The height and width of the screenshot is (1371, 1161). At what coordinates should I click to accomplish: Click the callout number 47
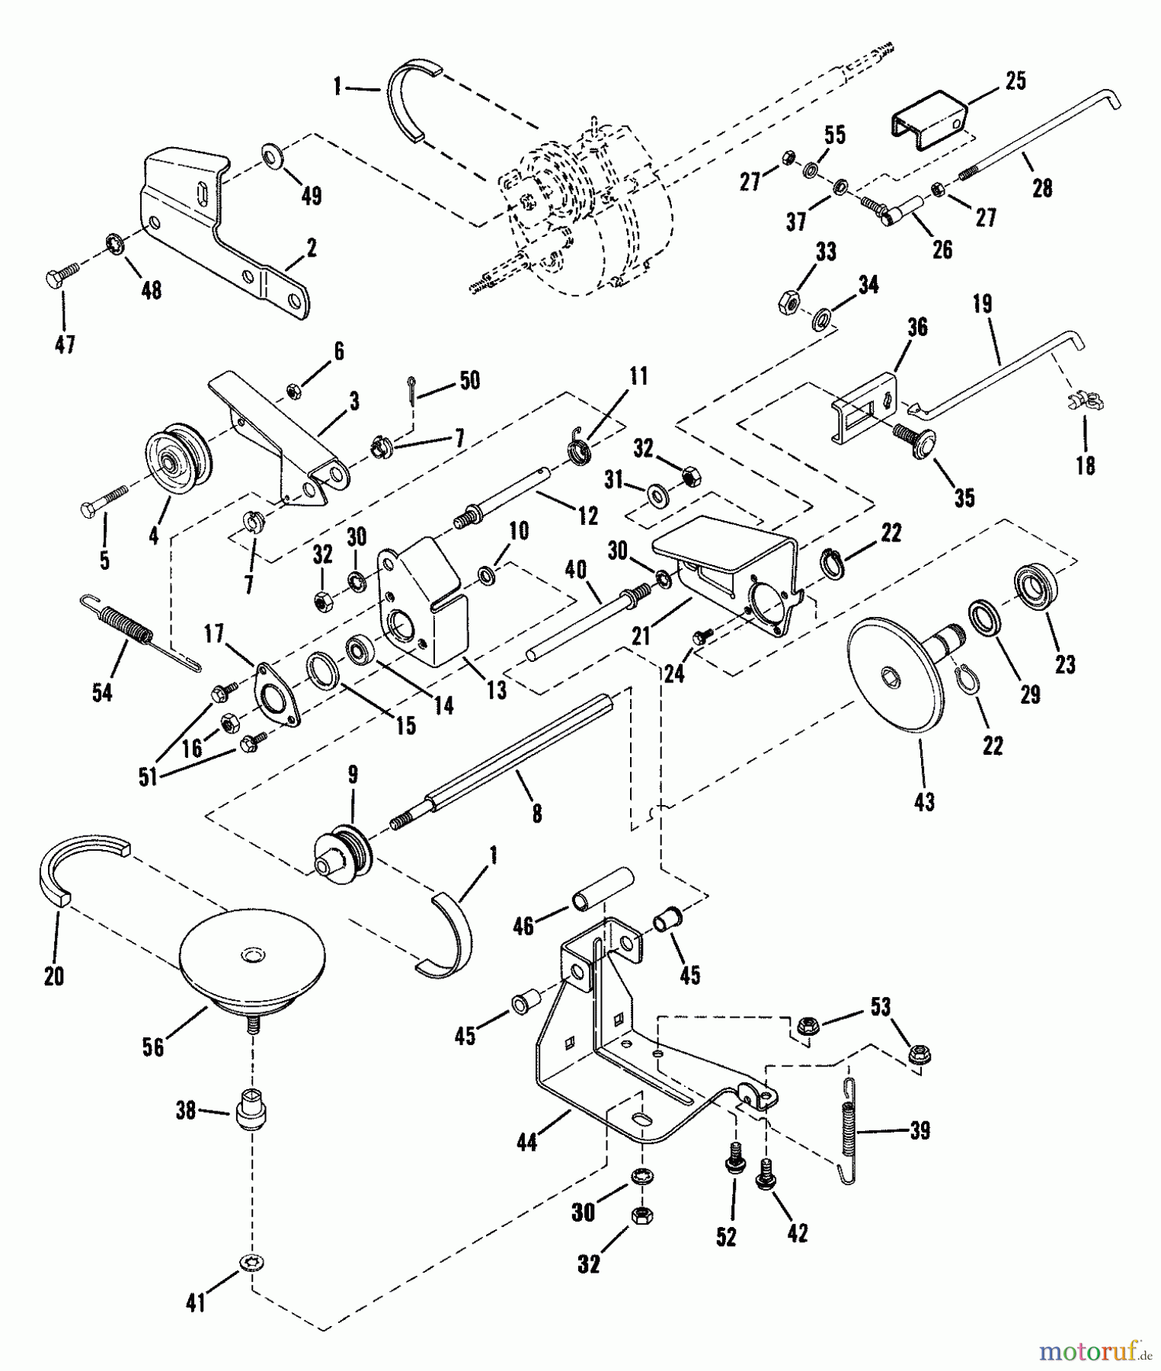pos(65,345)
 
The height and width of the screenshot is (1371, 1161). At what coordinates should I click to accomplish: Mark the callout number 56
pos(153,1047)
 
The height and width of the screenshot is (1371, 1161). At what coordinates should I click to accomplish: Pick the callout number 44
pos(526,1142)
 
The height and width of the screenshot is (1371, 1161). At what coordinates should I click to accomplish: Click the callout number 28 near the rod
pos(1041,188)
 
